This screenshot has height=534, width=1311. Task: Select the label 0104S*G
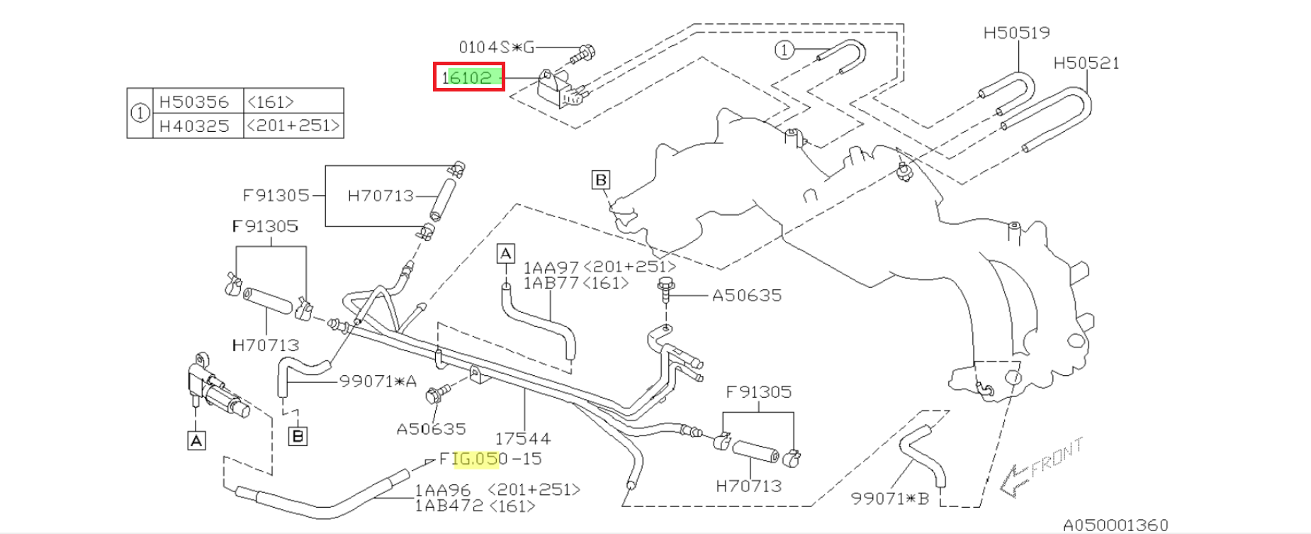tap(496, 48)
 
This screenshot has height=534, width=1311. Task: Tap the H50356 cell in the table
tap(194, 101)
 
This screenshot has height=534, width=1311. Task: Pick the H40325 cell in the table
tap(194, 126)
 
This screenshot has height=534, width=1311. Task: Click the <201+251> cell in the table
tap(293, 126)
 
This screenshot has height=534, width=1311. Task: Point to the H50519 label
tap(1017, 33)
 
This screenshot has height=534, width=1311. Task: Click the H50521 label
tap(1086, 63)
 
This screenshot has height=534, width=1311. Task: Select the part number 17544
tap(523, 438)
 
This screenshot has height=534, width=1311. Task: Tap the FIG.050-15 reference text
tap(490, 459)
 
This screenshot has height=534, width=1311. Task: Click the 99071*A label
tap(377, 382)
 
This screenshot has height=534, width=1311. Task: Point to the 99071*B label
tap(889, 499)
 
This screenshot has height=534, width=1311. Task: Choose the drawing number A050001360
tap(1115, 525)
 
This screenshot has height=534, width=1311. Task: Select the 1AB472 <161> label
tap(475, 506)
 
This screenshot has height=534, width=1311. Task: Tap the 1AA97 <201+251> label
tap(600, 267)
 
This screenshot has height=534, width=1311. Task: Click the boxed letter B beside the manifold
tap(601, 179)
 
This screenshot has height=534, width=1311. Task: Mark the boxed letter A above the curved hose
tap(505, 253)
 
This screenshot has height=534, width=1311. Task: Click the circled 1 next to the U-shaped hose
tap(783, 50)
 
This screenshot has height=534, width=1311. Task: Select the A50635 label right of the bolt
tap(747, 295)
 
